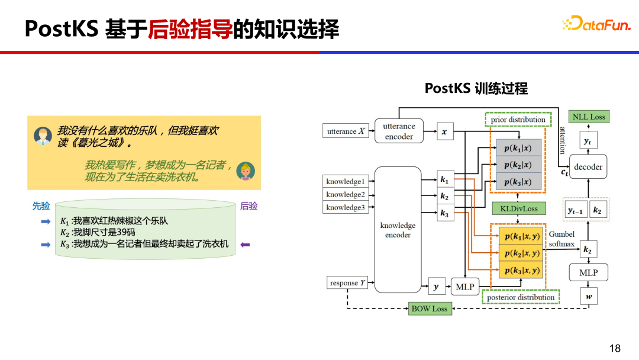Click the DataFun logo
point(596,24)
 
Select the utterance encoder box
point(399,131)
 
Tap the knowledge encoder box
point(398,230)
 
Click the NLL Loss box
point(589,117)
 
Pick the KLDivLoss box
point(518,208)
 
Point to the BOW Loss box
point(430,308)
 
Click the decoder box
point(588,167)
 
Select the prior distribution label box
point(518,120)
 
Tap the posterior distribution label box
point(521,297)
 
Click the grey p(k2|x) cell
point(518,165)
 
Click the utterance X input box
point(346,131)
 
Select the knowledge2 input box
point(346,194)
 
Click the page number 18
point(615,348)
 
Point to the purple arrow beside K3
point(245,244)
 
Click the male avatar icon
point(43,136)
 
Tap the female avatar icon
point(245,171)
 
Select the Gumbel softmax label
point(561,239)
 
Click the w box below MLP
point(588,297)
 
